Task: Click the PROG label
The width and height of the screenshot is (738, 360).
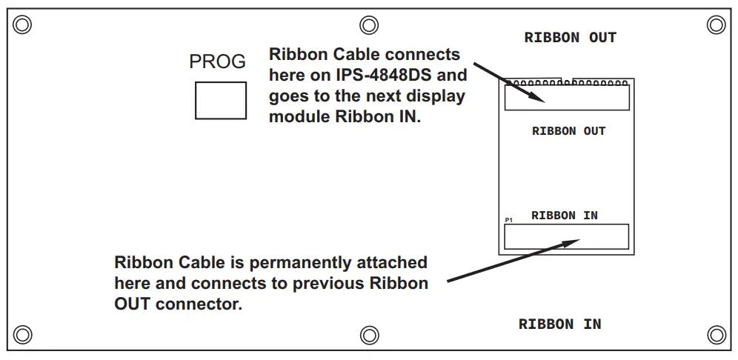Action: point(217,62)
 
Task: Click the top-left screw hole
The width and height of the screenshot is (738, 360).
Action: point(22,25)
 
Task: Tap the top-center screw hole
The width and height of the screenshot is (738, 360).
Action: point(369,25)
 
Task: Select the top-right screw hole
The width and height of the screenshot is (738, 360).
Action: point(716,25)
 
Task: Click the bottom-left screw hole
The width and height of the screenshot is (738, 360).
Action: point(22,334)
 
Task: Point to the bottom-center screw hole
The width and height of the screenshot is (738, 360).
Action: point(369,334)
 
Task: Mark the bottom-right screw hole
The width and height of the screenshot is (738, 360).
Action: point(716,334)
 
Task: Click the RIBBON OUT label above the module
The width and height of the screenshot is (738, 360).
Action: point(570,38)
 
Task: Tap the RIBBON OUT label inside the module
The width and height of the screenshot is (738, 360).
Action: point(568,131)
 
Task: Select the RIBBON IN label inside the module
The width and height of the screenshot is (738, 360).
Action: point(564,216)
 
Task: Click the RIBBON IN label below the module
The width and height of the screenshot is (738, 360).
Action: point(559,324)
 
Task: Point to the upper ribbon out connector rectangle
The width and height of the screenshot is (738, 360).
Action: point(567,98)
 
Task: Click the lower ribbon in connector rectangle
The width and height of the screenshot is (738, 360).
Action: point(566,236)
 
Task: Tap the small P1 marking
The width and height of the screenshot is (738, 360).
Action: point(508,221)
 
